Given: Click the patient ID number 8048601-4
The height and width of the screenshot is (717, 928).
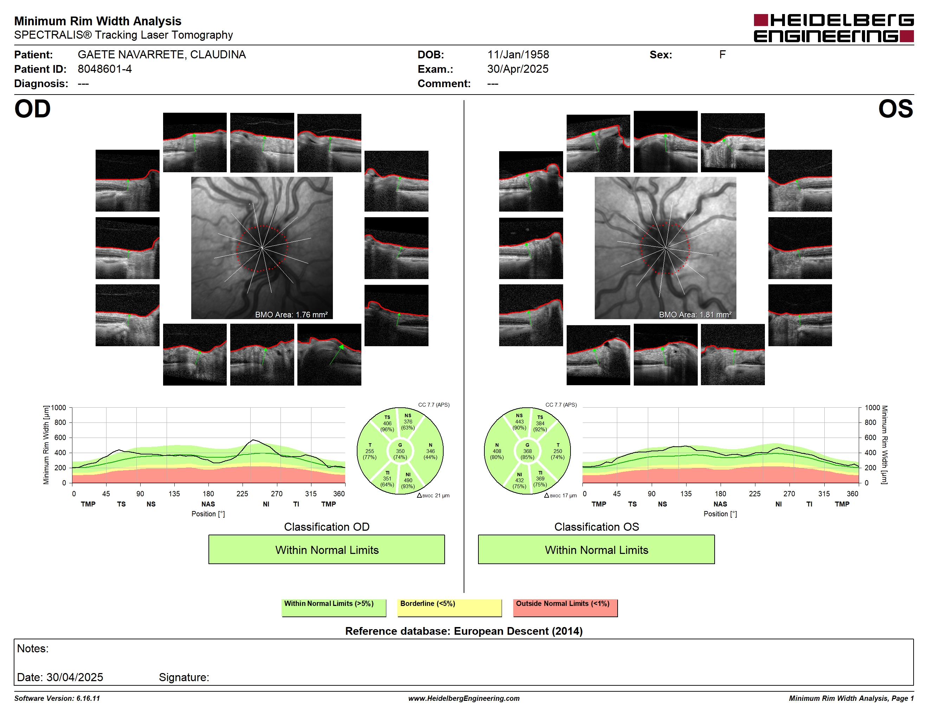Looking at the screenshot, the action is click(x=104, y=69).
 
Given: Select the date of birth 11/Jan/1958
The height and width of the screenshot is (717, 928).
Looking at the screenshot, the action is click(x=518, y=54).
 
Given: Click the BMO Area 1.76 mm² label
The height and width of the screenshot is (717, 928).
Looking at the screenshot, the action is click(x=291, y=315).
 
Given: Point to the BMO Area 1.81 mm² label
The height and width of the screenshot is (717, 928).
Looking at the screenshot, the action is click(x=695, y=315).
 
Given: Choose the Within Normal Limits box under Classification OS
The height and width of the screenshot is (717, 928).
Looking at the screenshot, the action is click(x=597, y=550).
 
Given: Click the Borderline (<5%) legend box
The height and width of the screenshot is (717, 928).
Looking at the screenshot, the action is click(x=450, y=608).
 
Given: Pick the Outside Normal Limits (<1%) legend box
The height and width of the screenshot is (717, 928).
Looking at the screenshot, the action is click(x=566, y=608).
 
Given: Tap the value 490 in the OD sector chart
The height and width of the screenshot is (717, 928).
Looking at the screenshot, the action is click(x=408, y=480).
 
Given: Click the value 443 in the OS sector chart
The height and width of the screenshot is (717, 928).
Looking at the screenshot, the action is click(x=519, y=422).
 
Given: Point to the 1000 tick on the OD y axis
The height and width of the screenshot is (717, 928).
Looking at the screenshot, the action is click(x=59, y=408).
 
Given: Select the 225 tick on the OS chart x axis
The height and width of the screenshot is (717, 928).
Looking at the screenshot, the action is click(x=755, y=493).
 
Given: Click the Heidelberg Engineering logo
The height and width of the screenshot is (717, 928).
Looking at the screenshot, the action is click(x=834, y=28).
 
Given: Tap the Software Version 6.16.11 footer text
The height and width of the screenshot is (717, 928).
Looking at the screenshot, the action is click(x=57, y=698).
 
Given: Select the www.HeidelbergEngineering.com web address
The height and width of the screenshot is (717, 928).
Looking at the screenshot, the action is click(x=464, y=698).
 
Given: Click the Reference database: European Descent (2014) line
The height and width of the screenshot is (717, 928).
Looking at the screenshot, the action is click(x=464, y=631).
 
